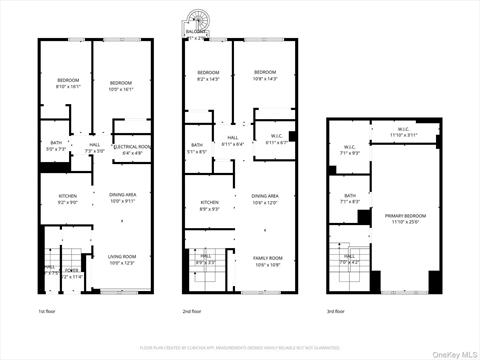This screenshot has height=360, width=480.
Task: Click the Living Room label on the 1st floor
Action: pyautogui.click(x=121, y=259)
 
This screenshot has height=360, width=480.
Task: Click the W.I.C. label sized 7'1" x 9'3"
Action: pyautogui.click(x=350, y=151)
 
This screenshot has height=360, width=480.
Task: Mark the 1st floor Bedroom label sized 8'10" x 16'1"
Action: pyautogui.click(x=67, y=85)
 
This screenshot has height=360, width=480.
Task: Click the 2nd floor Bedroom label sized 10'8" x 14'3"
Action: pyautogui.click(x=265, y=75)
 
